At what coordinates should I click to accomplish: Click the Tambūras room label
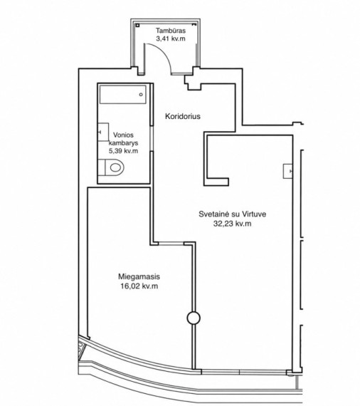(x=171, y=31)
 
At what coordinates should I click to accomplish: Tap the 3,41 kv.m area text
(x=171, y=39)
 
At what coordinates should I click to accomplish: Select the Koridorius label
(x=183, y=116)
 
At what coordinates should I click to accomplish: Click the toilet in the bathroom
(x=111, y=167)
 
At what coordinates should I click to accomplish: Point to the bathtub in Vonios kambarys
(x=123, y=95)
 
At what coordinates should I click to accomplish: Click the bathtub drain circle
(x=141, y=95)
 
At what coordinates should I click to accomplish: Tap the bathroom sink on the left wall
(x=103, y=132)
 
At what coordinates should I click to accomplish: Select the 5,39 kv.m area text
(x=123, y=151)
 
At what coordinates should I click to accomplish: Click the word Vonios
(x=123, y=135)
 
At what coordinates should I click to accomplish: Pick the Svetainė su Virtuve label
(x=233, y=214)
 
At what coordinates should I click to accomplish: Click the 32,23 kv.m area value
(x=232, y=224)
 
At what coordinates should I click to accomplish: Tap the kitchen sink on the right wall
(x=288, y=171)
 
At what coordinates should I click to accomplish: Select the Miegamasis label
(x=139, y=276)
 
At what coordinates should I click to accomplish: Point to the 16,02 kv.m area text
(x=139, y=286)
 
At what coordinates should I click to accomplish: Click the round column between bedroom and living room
(x=194, y=318)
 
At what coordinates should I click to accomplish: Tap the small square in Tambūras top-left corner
(x=137, y=26)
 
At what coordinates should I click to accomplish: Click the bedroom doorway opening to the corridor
(x=171, y=244)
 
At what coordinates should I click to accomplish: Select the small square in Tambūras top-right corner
(x=194, y=25)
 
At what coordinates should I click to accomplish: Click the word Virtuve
(x=254, y=214)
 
